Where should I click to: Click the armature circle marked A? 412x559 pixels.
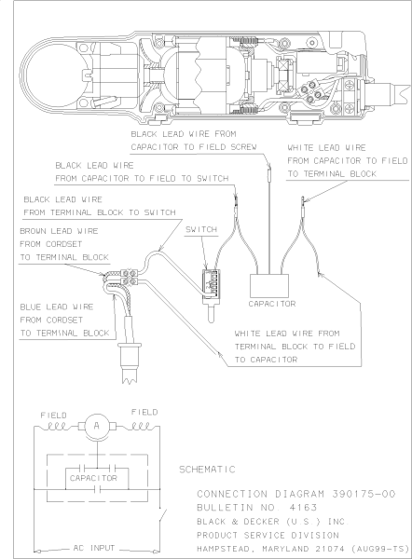pyautogui.click(x=97, y=427)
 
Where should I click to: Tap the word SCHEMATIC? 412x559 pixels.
pyautogui.click(x=207, y=470)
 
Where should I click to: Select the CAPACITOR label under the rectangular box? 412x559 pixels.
pyautogui.click(x=272, y=304)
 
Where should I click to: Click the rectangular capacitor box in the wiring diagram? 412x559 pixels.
pyautogui.click(x=269, y=286)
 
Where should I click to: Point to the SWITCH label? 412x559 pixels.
pyautogui.click(x=201, y=229)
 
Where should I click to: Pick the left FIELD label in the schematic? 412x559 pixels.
pyautogui.click(x=53, y=416)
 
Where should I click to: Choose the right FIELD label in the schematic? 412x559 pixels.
pyautogui.click(x=144, y=412)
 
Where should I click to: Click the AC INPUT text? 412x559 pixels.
pyautogui.click(x=94, y=548)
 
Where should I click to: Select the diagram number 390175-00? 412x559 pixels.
pyautogui.click(x=364, y=494)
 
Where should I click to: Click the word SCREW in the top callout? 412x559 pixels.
pyautogui.click(x=243, y=147)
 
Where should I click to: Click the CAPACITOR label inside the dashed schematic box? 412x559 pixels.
pyautogui.click(x=93, y=478)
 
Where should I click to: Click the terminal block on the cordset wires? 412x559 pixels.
pyautogui.click(x=130, y=277)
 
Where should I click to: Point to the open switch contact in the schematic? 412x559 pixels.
pyautogui.click(x=163, y=515)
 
